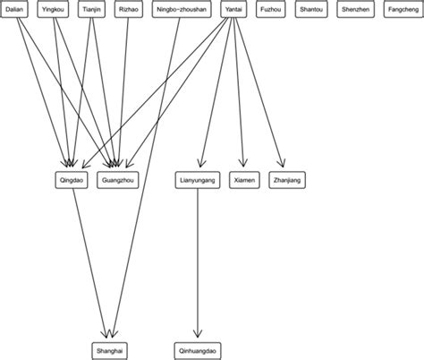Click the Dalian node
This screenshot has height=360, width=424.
15,9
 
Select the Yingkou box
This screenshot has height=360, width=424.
53,9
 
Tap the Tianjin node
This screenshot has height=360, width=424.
91,9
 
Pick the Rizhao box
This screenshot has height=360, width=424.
128,9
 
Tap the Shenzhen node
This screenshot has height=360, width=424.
357,9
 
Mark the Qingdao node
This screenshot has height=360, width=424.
72,180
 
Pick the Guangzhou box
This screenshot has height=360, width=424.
117,180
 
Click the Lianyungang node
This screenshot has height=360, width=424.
197,180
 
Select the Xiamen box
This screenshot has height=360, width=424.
243,180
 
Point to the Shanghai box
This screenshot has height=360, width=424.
110,350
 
